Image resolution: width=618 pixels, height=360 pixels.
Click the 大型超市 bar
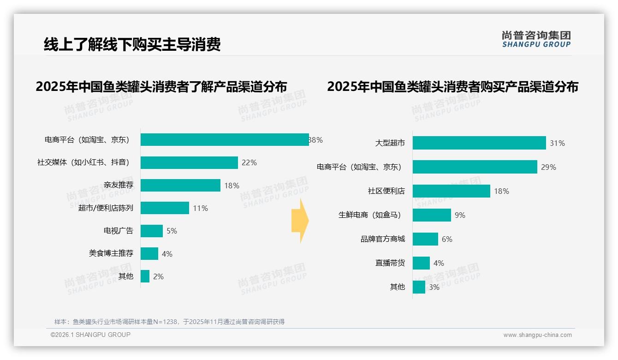click(479, 143)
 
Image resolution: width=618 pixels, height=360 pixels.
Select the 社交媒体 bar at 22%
click(189, 162)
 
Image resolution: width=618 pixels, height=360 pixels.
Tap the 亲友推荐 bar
click(180, 185)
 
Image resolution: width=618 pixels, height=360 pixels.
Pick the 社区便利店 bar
click(451, 191)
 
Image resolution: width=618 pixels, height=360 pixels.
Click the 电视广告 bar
click(152, 231)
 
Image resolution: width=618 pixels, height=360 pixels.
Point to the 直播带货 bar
click(421, 263)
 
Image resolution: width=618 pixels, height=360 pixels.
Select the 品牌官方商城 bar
click(425, 239)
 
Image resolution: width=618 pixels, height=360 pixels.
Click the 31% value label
click(557, 143)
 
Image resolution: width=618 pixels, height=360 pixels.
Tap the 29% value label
click(548, 167)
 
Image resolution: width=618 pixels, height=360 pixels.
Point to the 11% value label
click(200, 208)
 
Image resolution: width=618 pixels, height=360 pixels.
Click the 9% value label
click(460, 215)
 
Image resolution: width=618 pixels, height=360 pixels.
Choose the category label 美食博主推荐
click(111, 253)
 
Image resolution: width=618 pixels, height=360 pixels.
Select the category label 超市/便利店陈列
click(106, 208)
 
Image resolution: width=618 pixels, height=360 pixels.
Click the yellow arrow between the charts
click(300, 221)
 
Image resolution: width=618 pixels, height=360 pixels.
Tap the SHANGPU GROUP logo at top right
click(536, 39)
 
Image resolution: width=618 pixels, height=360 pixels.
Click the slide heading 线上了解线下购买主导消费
click(132, 44)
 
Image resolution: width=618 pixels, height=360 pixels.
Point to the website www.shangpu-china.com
click(537, 335)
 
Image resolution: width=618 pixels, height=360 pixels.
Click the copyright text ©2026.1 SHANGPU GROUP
click(90, 335)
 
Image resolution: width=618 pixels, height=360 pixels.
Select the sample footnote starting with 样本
click(169, 322)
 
